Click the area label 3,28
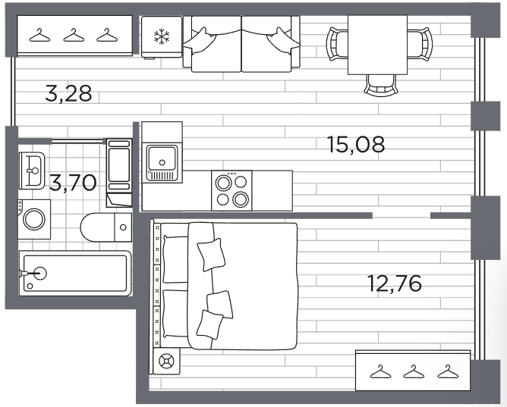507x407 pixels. (68, 93)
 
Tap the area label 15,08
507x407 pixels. (356, 144)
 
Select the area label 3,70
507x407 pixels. (73, 183)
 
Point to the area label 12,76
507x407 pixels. (395, 283)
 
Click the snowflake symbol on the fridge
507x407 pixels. (161, 36)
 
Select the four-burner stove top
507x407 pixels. (231, 190)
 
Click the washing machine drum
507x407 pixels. (34, 219)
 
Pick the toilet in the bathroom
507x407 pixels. (106, 227)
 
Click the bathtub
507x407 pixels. (75, 274)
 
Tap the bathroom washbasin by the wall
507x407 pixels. (31, 171)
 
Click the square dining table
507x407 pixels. (377, 45)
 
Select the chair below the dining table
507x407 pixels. (380, 85)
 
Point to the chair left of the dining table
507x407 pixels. (338, 44)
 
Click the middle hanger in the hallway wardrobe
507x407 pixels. (74, 36)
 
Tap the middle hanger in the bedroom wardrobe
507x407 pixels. (414, 371)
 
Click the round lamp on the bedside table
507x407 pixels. (166, 362)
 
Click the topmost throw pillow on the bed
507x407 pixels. (211, 255)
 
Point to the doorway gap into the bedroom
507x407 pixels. (402, 215)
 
